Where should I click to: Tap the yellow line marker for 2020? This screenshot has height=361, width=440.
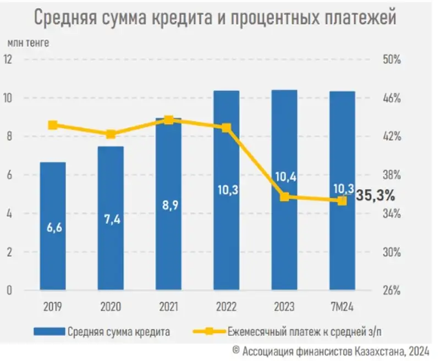tap(111, 134)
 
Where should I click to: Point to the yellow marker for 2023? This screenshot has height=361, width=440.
tap(284, 196)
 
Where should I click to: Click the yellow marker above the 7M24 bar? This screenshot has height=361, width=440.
tap(342, 201)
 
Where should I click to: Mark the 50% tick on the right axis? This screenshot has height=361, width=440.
tap(392, 59)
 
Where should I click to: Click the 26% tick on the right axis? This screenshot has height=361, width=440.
tap(392, 291)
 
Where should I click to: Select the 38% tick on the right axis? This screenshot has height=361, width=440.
tap(392, 175)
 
